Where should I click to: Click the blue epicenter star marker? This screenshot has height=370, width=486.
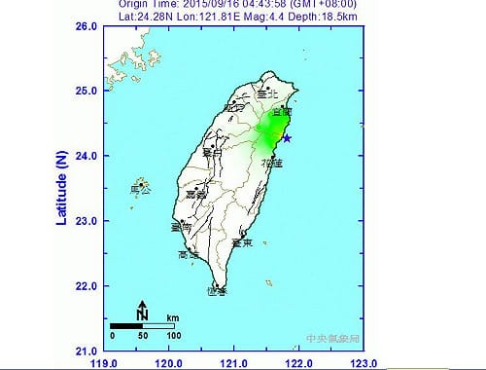pyautogui.click(x=286, y=138)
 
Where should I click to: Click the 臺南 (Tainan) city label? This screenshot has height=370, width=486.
pyautogui.click(x=180, y=228)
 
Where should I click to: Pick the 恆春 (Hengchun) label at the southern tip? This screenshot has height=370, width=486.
pyautogui.click(x=217, y=290)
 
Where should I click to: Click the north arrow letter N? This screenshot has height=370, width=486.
pyautogui.click(x=142, y=314)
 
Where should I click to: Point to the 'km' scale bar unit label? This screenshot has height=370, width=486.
pyautogui.click(x=172, y=317)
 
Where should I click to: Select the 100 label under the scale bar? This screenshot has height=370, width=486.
pyautogui.click(x=173, y=335)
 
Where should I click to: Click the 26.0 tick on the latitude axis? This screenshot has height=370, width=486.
pyautogui.click(x=90, y=26)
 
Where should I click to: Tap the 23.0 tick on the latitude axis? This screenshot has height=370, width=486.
pyautogui.click(x=90, y=221)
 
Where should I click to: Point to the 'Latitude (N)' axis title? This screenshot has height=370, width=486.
pyautogui.click(x=61, y=188)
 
